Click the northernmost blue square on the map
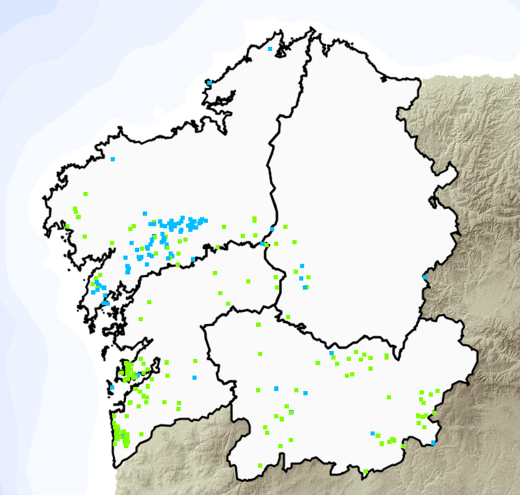click(x=269, y=48)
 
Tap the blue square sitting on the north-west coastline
click(x=209, y=82)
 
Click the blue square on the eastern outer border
click(x=424, y=278)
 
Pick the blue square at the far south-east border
click(x=433, y=443)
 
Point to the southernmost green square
click(x=365, y=471)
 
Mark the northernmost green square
click(x=85, y=194)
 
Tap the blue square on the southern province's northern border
click(x=331, y=353)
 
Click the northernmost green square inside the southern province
click(x=258, y=324)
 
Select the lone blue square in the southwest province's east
click(x=195, y=378)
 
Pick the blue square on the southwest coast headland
click(x=111, y=387)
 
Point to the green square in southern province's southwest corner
click(x=260, y=466)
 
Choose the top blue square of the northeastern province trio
click(x=301, y=266)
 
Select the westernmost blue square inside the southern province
click(x=276, y=388)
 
